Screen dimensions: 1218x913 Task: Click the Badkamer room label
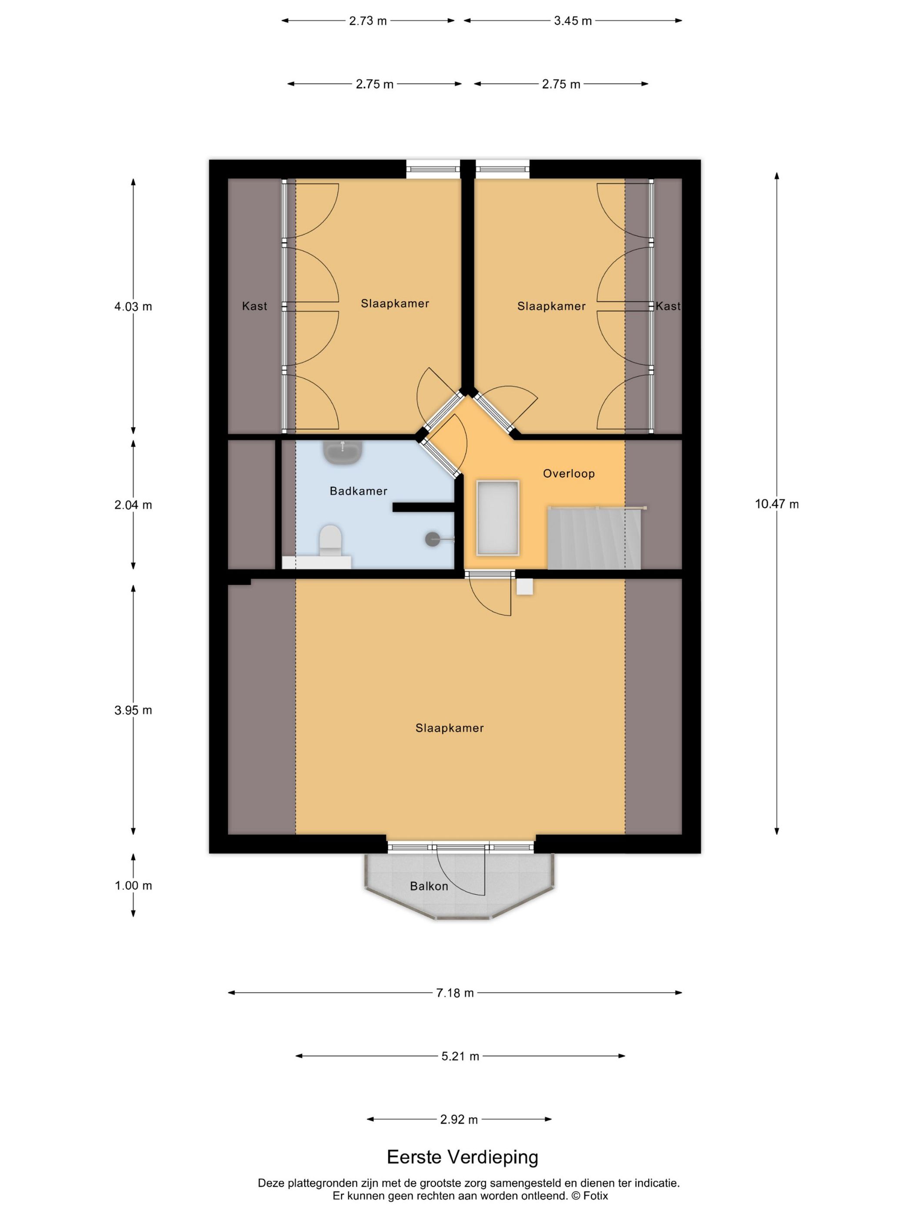click(358, 491)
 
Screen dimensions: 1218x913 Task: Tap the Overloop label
click(569, 474)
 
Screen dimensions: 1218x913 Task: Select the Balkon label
click(429, 886)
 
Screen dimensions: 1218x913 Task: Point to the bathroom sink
click(342, 453)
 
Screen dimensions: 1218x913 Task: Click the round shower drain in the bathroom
click(433, 539)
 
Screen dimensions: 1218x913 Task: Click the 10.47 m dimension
click(776, 504)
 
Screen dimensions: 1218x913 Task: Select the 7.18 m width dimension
click(455, 993)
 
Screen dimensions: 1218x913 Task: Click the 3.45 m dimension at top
click(572, 21)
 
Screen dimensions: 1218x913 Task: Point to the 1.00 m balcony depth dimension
click(133, 885)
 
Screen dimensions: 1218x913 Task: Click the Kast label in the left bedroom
click(254, 306)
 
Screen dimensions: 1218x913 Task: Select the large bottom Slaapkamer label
click(449, 728)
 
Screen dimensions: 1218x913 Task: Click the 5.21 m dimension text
click(460, 1056)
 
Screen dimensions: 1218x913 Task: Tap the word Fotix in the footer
click(596, 1196)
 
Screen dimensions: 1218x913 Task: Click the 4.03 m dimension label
click(133, 307)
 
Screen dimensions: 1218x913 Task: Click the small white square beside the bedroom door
click(524, 586)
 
